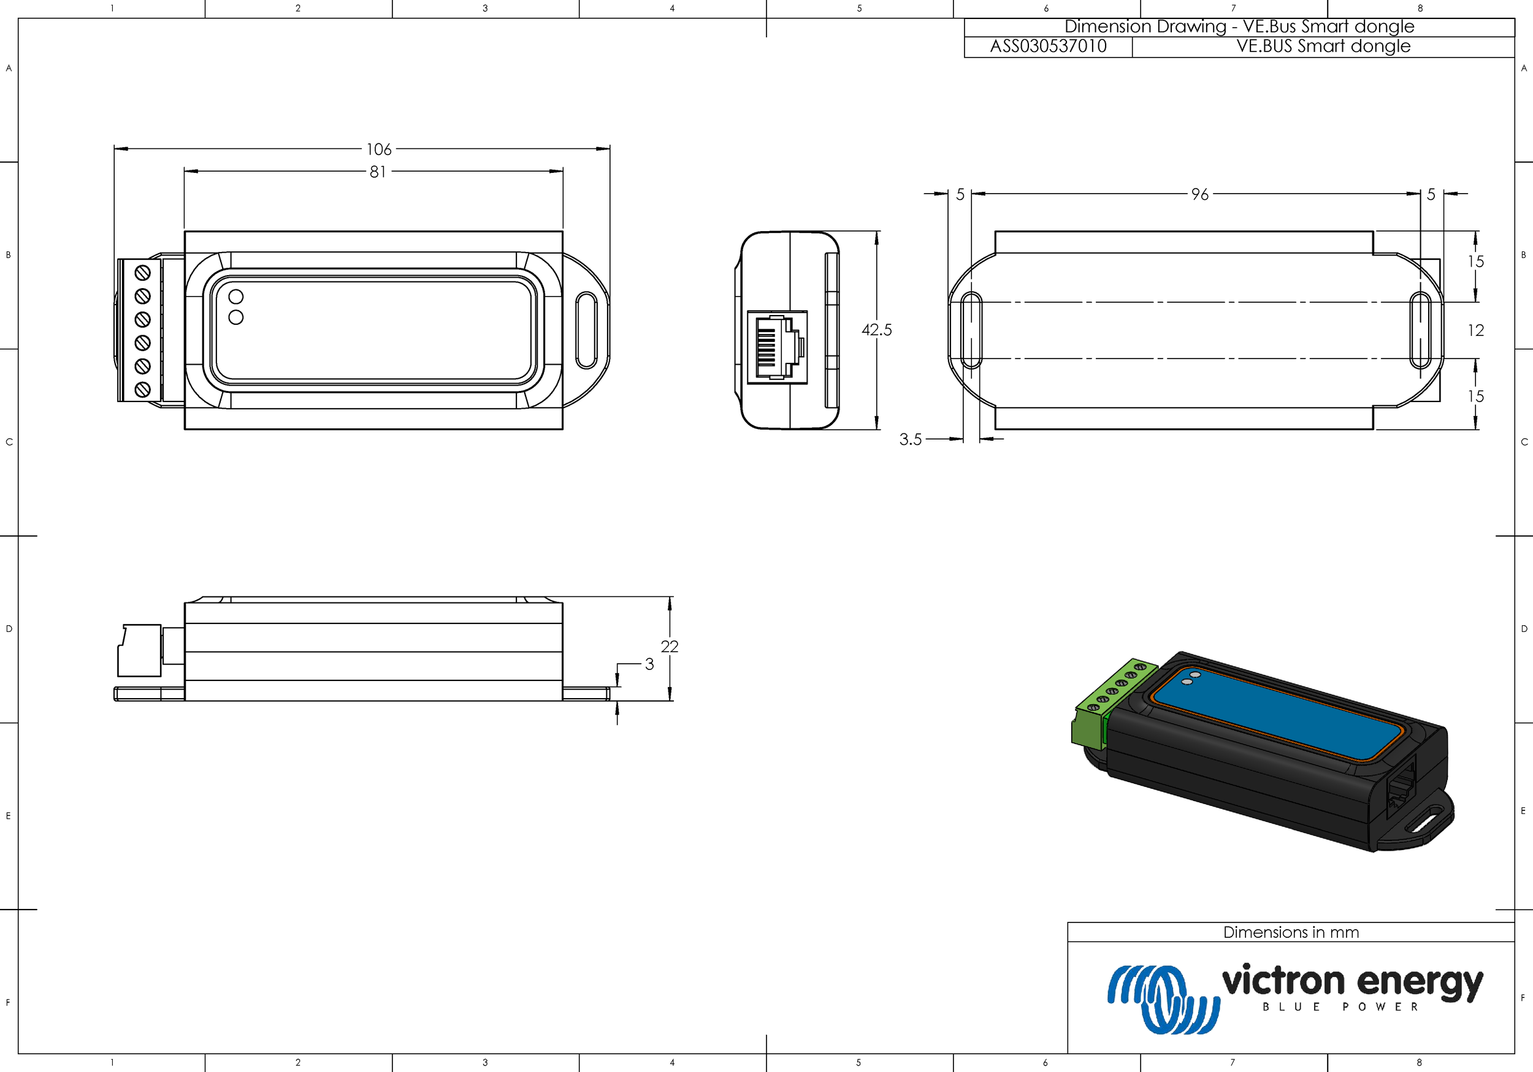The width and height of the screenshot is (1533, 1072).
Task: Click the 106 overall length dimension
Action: coord(378,149)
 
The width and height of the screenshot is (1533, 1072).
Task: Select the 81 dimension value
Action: coord(377,172)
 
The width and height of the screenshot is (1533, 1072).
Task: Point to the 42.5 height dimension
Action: coord(876,330)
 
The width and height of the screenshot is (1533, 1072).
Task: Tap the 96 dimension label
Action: coord(1199,194)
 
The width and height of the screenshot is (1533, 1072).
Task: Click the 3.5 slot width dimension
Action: coord(910,439)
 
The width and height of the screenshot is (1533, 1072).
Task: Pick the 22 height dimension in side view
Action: coord(669,646)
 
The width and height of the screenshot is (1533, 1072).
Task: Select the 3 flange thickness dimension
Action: coord(649,664)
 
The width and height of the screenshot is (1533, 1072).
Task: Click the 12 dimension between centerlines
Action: coord(1475,330)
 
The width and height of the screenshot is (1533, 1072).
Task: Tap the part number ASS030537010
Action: coord(1047,47)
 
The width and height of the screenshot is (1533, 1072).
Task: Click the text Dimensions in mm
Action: coord(1291,932)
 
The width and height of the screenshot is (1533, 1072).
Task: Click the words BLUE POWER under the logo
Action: coord(1340,1007)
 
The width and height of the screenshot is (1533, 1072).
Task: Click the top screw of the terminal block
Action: coord(142,273)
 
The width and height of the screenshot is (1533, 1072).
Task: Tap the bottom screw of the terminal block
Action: coord(142,390)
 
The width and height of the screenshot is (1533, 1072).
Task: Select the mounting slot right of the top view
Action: coord(586,330)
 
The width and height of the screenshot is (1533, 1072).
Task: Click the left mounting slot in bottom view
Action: coord(970,330)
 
